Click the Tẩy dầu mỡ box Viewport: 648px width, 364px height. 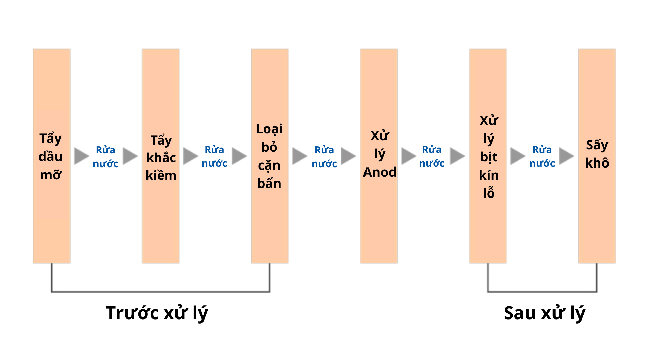(x=52, y=156)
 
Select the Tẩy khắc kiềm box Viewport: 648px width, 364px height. (x=161, y=156)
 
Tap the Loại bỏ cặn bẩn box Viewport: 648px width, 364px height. (x=270, y=156)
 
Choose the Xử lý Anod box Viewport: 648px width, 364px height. (x=379, y=156)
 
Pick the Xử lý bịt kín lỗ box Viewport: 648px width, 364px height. (x=488, y=156)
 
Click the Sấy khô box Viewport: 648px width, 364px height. (x=597, y=156)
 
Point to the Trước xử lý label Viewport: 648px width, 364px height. (x=157, y=313)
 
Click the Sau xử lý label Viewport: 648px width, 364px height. (x=544, y=313)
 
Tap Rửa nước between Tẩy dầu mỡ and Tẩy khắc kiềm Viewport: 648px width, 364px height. (x=106, y=157)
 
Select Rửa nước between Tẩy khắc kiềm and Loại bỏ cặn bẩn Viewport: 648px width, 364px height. (x=214, y=156)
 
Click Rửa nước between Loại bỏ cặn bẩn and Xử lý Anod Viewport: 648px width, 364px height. (x=324, y=157)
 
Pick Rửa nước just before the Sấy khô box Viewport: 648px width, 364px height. (x=542, y=156)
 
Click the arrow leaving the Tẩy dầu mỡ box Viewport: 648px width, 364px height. (x=82, y=156)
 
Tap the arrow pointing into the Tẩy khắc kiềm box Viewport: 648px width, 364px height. (x=130, y=156)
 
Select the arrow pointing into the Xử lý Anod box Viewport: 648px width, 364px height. (x=349, y=156)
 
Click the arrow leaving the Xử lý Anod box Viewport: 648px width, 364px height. (x=409, y=156)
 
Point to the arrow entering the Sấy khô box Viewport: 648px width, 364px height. (x=567, y=156)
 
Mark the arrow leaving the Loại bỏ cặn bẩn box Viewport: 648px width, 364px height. (x=300, y=156)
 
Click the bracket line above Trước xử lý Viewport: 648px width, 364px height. (x=161, y=292)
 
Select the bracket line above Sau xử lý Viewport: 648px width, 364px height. (x=542, y=292)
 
